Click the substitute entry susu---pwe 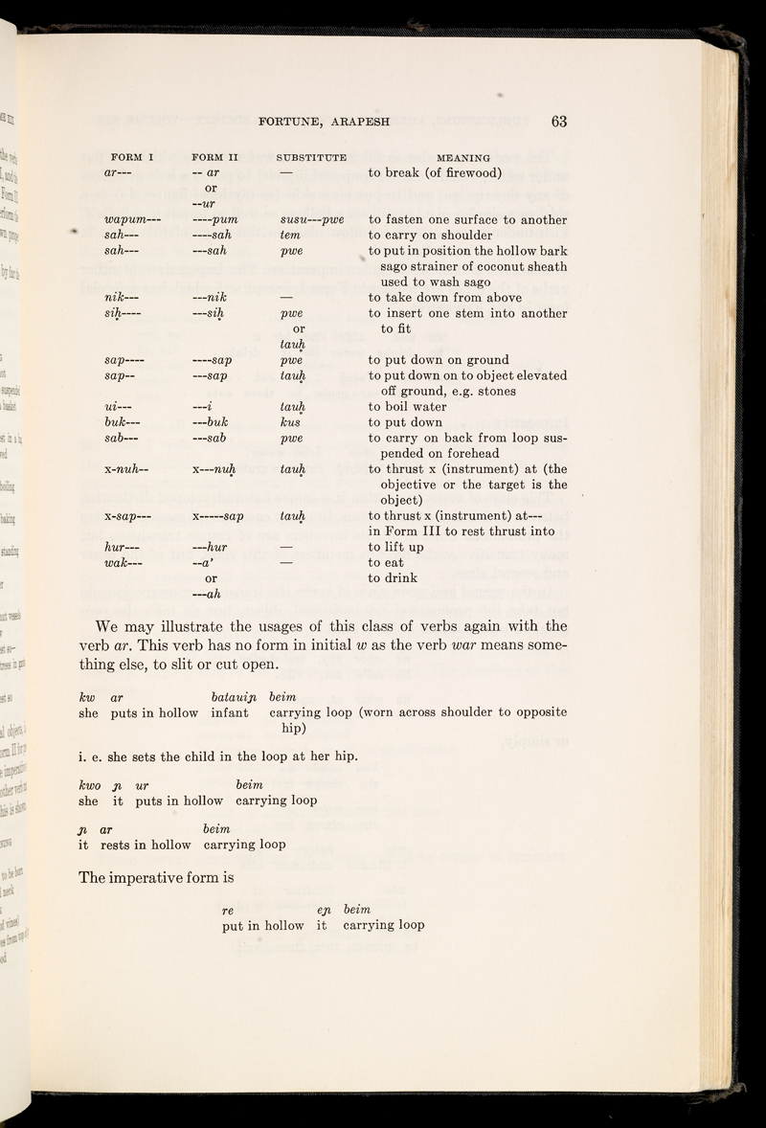310,221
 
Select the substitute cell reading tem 290,237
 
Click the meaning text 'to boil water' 418,407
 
